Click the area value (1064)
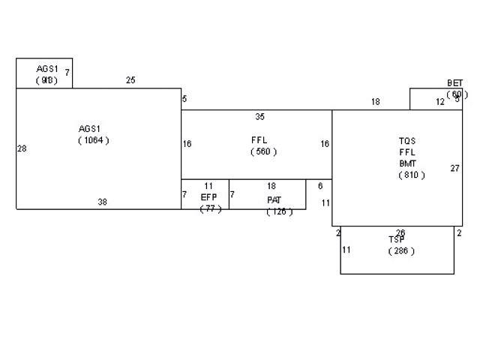[x=93, y=140]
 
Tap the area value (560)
[x=263, y=151]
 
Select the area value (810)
[x=412, y=175]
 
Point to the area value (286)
[x=401, y=251]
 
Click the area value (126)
[x=279, y=211]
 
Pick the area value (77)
[x=211, y=208]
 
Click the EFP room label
[x=208, y=197]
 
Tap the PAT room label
[x=274, y=200]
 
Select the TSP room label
[x=397, y=239]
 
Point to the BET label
[x=454, y=83]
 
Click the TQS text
[x=406, y=140]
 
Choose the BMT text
[x=407, y=163]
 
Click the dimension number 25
[x=130, y=79]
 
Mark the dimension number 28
[x=22, y=148]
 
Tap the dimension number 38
[x=102, y=202]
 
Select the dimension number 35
[x=259, y=117]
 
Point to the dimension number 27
[x=454, y=168]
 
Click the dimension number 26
[x=400, y=233]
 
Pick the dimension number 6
[x=320, y=186]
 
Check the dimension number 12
[x=440, y=102]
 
